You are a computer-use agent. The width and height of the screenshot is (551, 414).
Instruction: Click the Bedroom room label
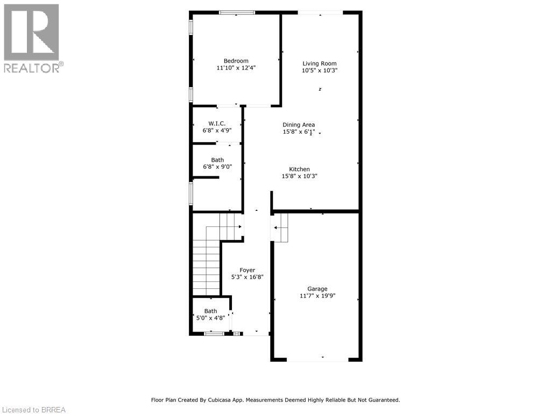[x=236, y=61]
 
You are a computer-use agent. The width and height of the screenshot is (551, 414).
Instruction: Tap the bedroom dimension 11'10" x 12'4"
[x=236, y=68]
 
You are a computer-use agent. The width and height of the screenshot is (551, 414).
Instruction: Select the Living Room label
[x=320, y=63]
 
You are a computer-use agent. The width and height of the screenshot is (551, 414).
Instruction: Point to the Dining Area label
[x=299, y=125]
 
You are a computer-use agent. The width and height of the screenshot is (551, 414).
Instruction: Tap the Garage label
[x=317, y=289]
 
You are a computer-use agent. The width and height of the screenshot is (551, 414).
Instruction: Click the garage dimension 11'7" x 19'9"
[x=317, y=296]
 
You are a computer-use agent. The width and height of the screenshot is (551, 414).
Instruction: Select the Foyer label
[x=247, y=270]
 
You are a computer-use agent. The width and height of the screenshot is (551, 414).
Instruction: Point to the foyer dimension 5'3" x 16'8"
[x=247, y=277]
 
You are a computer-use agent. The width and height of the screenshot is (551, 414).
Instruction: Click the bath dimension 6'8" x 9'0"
[x=217, y=167]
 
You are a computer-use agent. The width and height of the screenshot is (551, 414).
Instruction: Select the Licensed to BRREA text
[x=33, y=410]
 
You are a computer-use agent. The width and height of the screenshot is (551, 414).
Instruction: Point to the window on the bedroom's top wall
[x=237, y=12]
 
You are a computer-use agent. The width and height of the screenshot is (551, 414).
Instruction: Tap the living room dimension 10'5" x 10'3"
[x=320, y=71]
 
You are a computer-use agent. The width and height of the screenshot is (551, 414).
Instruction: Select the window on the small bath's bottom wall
[x=214, y=334]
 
